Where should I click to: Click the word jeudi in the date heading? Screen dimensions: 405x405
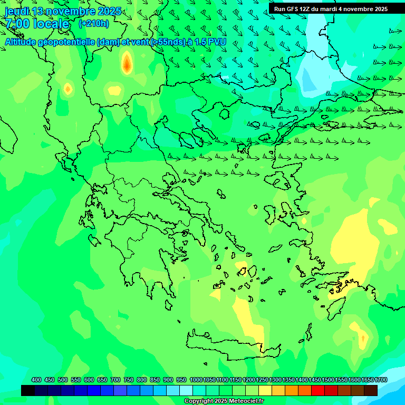pos(17,11)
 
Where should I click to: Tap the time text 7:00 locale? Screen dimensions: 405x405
pos(37,24)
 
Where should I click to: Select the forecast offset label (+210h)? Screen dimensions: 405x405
pos(93,23)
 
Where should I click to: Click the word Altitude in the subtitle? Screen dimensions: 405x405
pos(24,42)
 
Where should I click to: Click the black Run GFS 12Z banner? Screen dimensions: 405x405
pos(331,9)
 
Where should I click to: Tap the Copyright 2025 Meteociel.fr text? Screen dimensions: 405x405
pos(224,401)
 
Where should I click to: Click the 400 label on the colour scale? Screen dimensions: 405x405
pos(36,380)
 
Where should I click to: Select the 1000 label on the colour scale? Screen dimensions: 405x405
pos(196,380)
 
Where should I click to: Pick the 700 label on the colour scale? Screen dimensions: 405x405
pos(115,380)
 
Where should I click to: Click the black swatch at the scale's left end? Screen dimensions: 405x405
pos(28,390)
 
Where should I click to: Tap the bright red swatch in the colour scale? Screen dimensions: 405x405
pos(318,390)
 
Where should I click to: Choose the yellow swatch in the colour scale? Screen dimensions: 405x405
pos(265,390)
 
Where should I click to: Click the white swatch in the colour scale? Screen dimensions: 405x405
pos(186,390)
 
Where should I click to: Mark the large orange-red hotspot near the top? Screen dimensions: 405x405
pos(127,64)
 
